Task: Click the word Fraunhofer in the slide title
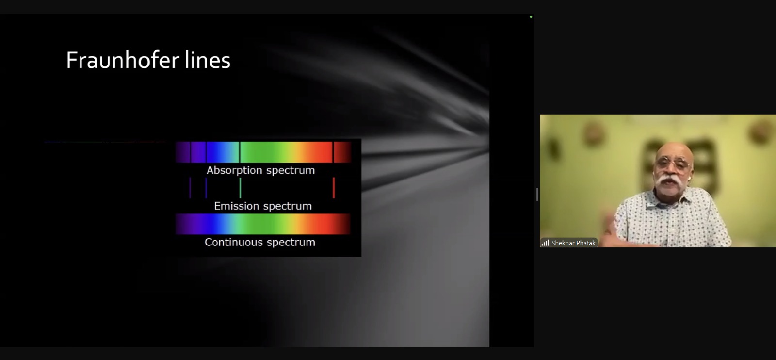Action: point(123,60)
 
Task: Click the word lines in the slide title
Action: point(208,60)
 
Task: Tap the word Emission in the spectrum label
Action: point(237,206)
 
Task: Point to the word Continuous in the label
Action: point(233,242)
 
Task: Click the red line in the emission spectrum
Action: point(334,188)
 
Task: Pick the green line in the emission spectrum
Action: point(240,188)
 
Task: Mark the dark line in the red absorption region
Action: point(333,152)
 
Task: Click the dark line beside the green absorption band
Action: point(240,152)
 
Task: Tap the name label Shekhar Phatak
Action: point(573,243)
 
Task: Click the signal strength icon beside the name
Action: point(545,243)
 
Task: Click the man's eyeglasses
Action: point(673,163)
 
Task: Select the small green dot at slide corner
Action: point(531,16)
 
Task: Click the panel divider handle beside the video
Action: point(537,195)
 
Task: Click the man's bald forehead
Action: point(674,150)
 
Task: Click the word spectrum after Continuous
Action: point(291,242)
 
